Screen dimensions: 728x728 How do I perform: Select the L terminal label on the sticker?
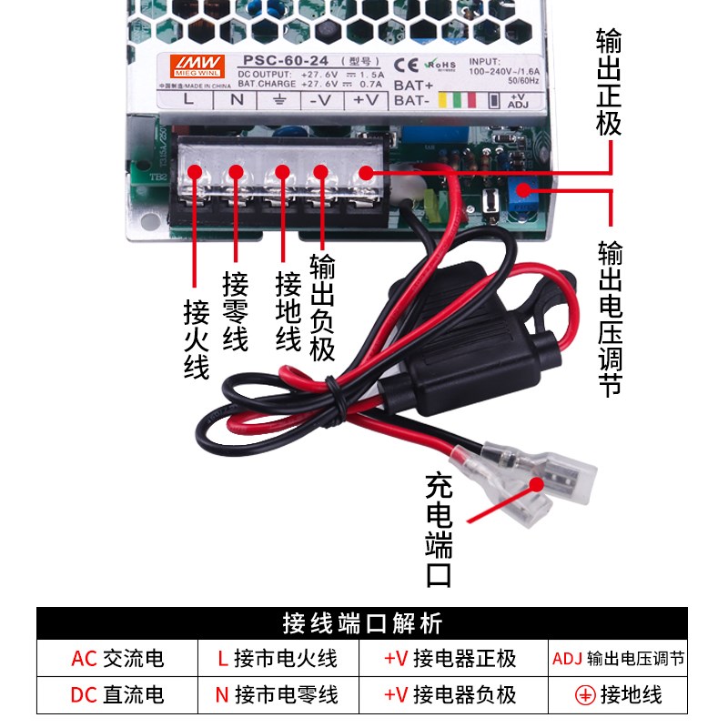[x=188, y=100]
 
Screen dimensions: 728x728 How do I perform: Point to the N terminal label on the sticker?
[x=237, y=100]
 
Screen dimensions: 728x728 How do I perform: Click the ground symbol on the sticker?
[x=280, y=100]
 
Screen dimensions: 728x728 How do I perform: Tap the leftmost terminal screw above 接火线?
[x=195, y=172]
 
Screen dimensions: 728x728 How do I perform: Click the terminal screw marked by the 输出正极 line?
[x=365, y=172]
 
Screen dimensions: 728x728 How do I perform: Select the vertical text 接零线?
[x=236, y=311]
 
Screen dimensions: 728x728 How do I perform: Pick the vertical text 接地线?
[x=288, y=311]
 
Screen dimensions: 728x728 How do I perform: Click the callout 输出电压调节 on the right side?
[x=611, y=318]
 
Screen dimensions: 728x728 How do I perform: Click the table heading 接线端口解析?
[x=363, y=624]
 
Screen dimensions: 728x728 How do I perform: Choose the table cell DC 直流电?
[x=117, y=695]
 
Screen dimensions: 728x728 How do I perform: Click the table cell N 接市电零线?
[x=276, y=695]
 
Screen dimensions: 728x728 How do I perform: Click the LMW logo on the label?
[x=185, y=64]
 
